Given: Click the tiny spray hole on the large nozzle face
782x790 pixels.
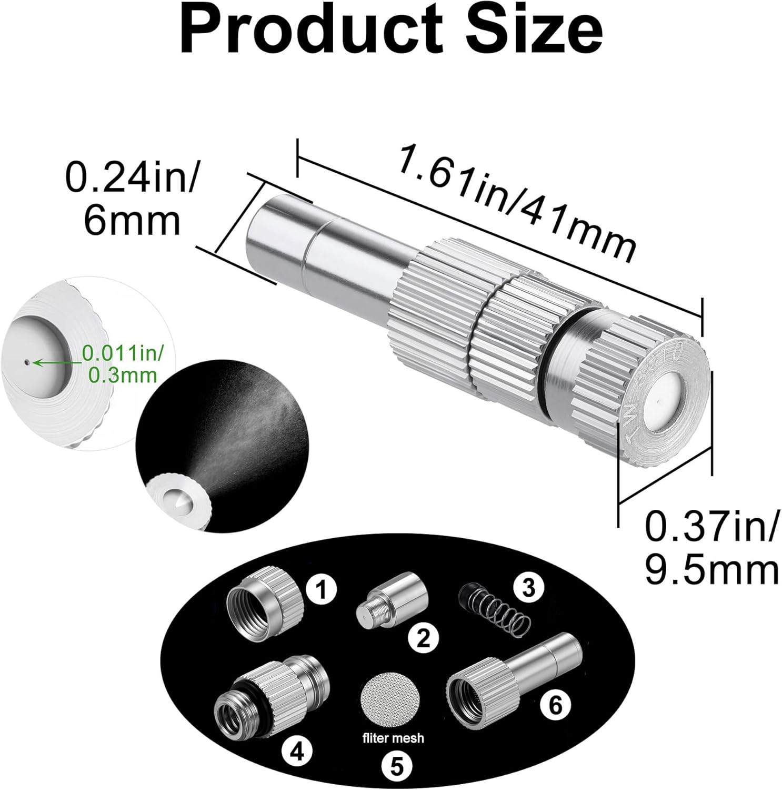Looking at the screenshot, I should (660, 403).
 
